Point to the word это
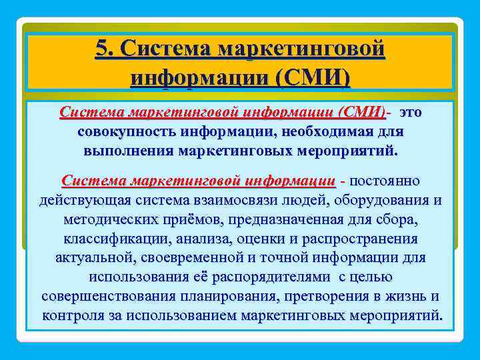409,111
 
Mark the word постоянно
384,181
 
